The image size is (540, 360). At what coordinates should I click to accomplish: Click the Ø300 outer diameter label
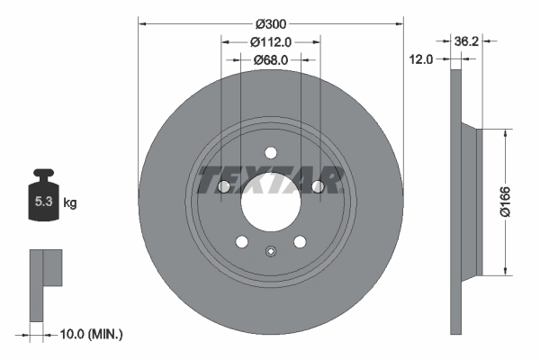[x=270, y=22]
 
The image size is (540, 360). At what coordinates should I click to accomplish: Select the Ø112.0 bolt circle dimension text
[x=270, y=41]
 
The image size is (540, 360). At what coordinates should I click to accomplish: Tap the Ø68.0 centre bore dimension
[x=270, y=59]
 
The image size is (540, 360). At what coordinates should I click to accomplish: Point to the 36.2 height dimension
[x=465, y=40]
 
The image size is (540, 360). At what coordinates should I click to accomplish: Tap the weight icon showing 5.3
[x=42, y=201]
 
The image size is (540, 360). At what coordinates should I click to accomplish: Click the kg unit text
[x=69, y=203]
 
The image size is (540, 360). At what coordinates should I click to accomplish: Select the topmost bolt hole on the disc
[x=270, y=153]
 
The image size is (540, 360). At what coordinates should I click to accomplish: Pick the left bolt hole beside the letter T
[x=223, y=186]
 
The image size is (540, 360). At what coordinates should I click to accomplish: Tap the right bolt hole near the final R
[x=317, y=186]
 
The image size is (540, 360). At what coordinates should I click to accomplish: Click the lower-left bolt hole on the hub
[x=241, y=240]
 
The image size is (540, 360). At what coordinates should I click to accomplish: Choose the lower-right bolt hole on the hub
[x=299, y=240]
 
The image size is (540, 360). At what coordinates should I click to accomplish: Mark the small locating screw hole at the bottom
[x=270, y=252]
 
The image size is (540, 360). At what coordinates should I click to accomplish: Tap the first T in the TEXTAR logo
[x=209, y=180]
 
